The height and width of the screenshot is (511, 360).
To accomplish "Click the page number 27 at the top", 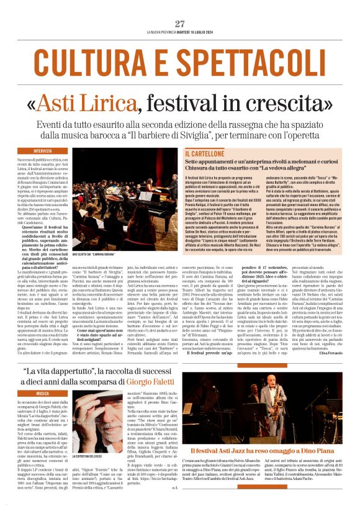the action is pyautogui.click(x=179, y=24).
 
